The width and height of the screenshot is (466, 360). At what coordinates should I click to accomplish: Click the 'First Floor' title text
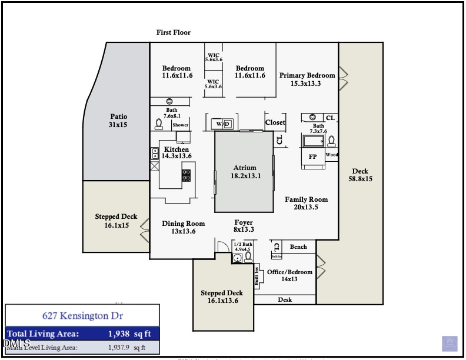[x=174, y=32]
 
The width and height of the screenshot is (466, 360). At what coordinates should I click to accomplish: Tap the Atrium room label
[x=244, y=172]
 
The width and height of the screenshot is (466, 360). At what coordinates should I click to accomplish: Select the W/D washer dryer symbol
[x=222, y=124]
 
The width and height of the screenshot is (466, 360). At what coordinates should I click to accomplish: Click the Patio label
[x=118, y=121]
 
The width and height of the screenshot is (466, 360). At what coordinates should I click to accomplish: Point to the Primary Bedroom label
[x=307, y=79]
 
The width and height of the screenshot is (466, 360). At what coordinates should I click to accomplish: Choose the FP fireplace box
[x=313, y=156]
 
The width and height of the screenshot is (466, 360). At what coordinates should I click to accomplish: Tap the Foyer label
[x=243, y=226]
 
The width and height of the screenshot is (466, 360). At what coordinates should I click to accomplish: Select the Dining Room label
[x=184, y=227]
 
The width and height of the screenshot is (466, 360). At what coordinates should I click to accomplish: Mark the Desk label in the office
[x=285, y=300]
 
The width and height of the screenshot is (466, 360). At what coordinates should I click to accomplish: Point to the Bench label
[x=298, y=247]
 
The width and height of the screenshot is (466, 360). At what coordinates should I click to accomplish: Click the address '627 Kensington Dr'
[x=82, y=316]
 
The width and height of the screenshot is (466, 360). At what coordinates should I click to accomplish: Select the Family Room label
[x=307, y=203]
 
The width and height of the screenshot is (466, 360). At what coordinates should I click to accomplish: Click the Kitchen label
[x=177, y=153]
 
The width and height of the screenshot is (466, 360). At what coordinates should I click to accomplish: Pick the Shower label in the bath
[x=181, y=125]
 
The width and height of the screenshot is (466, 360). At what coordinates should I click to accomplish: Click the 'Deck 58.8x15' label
[x=360, y=175]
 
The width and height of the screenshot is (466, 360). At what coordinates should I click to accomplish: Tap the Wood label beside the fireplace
[x=332, y=155]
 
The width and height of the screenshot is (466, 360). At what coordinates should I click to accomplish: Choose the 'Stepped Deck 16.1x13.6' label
[x=222, y=297]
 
